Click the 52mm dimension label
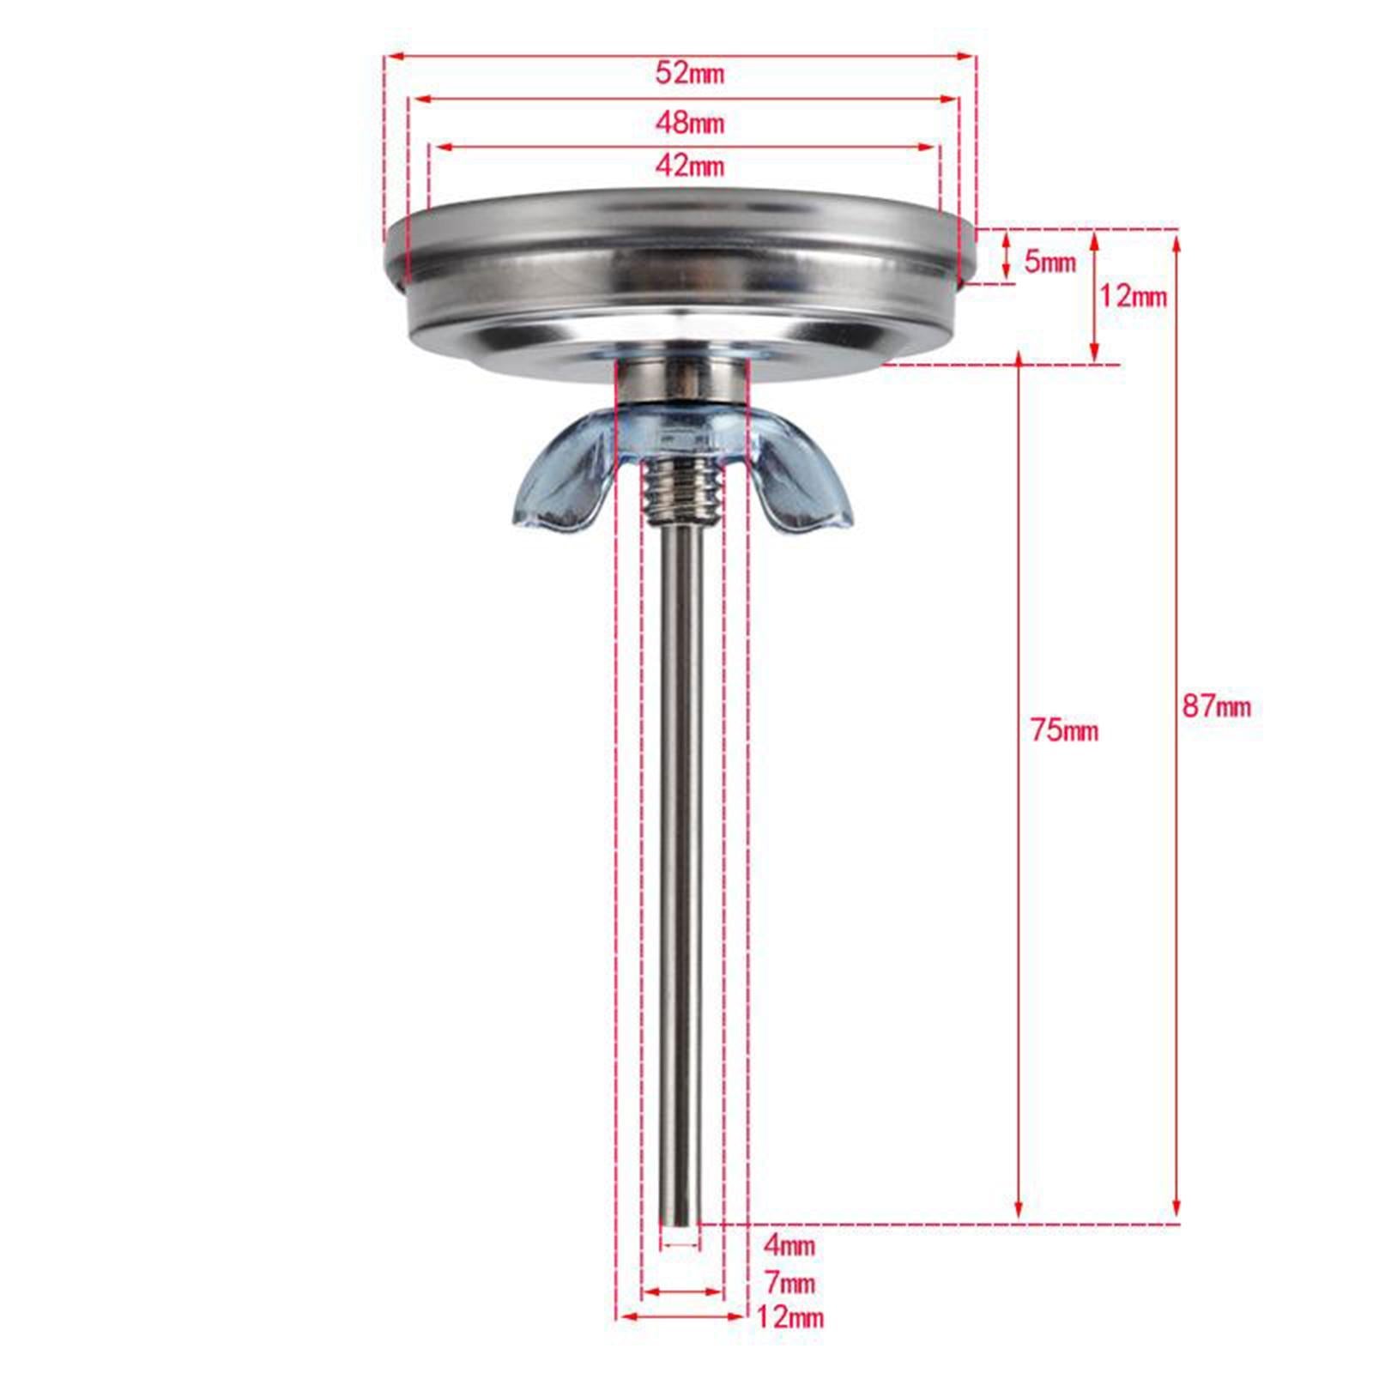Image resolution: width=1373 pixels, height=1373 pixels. point(689,74)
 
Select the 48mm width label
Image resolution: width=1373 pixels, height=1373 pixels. point(689,124)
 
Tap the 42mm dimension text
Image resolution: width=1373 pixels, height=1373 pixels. point(689,166)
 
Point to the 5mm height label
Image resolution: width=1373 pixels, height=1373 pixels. point(1049,262)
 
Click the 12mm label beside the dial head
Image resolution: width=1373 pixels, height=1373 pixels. point(1133,297)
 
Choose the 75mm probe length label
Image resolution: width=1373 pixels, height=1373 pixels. point(1064,731)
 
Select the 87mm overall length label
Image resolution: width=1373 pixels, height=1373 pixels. point(1216,707)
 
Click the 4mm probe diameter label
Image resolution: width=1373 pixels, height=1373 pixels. point(789,1244)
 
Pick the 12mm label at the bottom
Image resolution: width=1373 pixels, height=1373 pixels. point(789,1317)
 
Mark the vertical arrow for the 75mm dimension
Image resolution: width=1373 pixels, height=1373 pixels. point(1019,944)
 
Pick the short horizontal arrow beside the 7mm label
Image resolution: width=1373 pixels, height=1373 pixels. point(683,1291)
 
